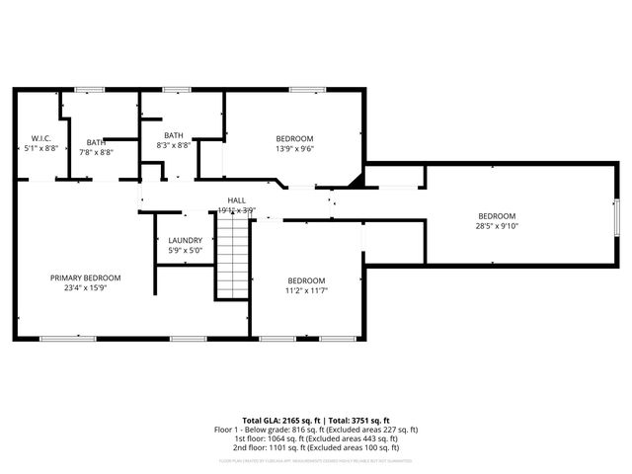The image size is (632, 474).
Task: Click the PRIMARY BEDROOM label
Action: [x=85, y=277]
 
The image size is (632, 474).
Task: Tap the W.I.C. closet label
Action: [x=40, y=137]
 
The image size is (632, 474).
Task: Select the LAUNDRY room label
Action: [x=185, y=240]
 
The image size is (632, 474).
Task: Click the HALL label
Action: [x=236, y=199]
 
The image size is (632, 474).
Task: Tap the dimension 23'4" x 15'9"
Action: [x=85, y=288]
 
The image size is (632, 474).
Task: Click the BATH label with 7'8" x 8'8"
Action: [x=95, y=142]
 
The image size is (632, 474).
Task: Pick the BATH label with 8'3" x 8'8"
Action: [x=173, y=135]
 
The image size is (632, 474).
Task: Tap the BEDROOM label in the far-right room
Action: [x=497, y=216]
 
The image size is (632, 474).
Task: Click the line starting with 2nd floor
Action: [x=316, y=448]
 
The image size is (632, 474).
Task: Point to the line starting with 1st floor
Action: [x=316, y=438]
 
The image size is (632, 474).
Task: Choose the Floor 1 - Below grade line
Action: [x=316, y=430]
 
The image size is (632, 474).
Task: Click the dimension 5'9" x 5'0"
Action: [x=185, y=251]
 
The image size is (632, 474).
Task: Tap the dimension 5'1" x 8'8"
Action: [x=40, y=148]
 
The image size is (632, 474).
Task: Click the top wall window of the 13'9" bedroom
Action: [x=307, y=91]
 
